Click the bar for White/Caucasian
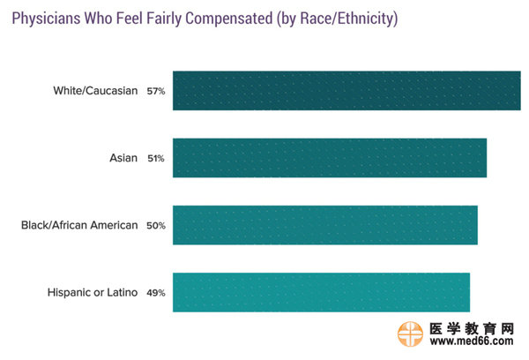tap(346, 90)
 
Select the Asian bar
tap(330, 158)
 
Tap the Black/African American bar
tap(324, 225)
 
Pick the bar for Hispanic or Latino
tap(321, 292)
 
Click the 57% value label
tap(156, 91)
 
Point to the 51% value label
tap(156, 159)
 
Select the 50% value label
tap(156, 226)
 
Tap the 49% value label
tap(156, 293)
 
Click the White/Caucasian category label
tap(95, 90)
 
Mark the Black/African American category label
tap(79, 225)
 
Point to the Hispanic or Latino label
tap(93, 292)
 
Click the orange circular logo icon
tap(411, 336)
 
